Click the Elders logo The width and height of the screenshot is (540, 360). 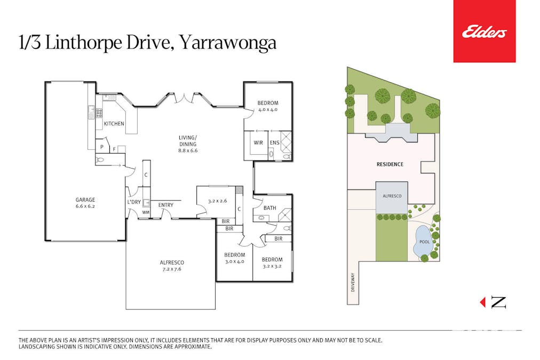click(x=484, y=32)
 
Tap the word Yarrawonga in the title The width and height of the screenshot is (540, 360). click(x=227, y=43)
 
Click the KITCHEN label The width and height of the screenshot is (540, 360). click(x=114, y=124)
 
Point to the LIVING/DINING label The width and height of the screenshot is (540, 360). click(x=187, y=141)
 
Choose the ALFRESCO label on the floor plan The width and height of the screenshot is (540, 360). click(x=172, y=262)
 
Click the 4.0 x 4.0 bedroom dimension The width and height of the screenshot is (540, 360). click(x=267, y=110)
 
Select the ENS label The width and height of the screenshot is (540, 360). click(x=274, y=143)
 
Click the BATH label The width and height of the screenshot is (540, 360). click(x=269, y=208)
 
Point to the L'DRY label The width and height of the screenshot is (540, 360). click(x=133, y=202)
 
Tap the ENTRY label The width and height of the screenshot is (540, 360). click(x=165, y=205)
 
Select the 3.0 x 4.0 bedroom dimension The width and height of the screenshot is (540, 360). click(x=234, y=261)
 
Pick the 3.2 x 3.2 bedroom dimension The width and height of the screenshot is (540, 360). click(x=272, y=266)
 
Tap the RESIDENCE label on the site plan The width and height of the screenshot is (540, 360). click(x=390, y=164)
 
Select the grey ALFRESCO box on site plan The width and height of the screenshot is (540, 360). click(x=391, y=197)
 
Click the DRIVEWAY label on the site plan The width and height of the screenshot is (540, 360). click(x=353, y=283)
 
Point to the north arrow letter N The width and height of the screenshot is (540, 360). click(x=498, y=302)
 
